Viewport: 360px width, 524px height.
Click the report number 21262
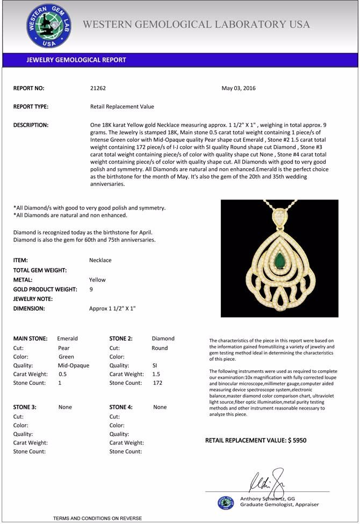pos(99,88)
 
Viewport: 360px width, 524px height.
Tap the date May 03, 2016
pos(239,88)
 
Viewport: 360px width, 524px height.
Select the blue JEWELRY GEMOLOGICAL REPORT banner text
pos(76,60)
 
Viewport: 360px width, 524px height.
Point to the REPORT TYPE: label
pos(31,106)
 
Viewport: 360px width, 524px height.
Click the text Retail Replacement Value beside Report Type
pos(122,106)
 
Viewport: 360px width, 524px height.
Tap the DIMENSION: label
pos(29,308)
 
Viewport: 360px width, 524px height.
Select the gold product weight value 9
pos(91,289)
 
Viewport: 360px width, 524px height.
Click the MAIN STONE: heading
pos(30,339)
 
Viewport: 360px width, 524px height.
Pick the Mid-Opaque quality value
pos(73,365)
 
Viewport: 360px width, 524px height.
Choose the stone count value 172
pos(157,383)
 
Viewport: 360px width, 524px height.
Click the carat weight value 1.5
pos(156,374)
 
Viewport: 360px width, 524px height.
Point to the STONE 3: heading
pos(25,407)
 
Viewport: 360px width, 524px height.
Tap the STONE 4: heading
pos(121,407)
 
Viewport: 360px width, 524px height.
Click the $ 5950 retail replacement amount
pos(297,440)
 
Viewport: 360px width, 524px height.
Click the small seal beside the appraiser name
pos(226,503)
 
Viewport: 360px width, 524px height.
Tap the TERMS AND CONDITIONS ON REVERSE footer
pos(97,518)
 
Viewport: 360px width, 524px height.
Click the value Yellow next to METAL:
pos(97,279)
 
